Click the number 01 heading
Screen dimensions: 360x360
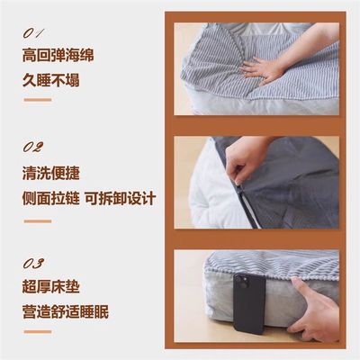[35, 32]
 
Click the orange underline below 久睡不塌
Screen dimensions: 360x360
[37, 99]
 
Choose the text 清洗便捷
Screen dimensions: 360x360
[51, 173]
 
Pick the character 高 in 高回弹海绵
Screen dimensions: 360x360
[30, 55]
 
